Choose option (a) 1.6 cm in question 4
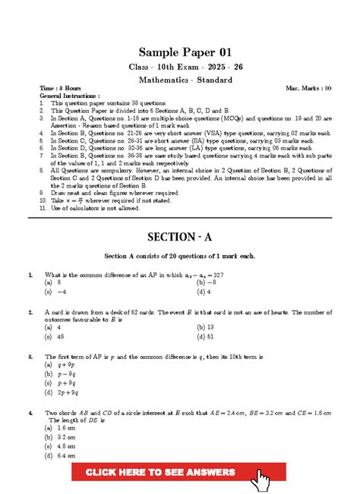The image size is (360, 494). coord(60,429)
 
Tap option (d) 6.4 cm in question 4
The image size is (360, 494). coord(60,457)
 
